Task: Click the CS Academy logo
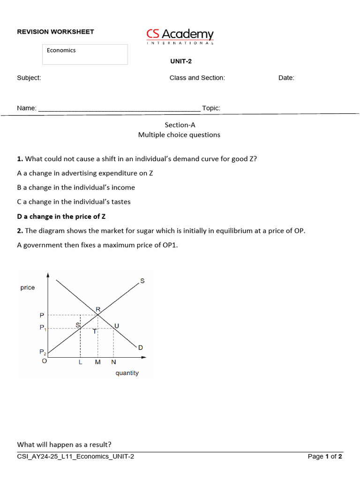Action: [180, 36]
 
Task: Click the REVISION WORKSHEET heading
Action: [55, 32]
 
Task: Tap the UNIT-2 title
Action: [180, 61]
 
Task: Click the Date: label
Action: [286, 78]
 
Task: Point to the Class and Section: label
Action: [197, 78]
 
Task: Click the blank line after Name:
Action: [119, 109]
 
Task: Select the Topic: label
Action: [211, 108]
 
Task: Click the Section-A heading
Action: [180, 125]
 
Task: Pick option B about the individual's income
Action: [76, 187]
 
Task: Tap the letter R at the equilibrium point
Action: [98, 309]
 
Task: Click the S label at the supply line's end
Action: [142, 281]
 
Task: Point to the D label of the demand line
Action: [140, 347]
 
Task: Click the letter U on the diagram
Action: [117, 325]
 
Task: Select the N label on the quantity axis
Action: [113, 362]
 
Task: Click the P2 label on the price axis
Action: [43, 352]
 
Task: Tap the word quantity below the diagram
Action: [127, 373]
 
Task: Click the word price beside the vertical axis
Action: [28, 287]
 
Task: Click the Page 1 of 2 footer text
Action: [325, 457]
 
